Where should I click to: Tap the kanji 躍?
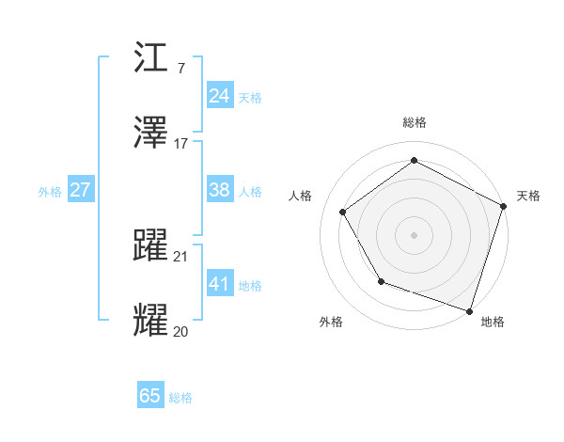(152, 245)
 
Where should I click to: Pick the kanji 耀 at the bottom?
(152, 321)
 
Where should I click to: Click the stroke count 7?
(180, 69)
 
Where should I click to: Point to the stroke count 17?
(181, 144)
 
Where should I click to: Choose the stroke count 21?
(181, 256)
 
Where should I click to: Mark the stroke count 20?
(181, 331)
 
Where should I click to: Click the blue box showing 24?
(220, 96)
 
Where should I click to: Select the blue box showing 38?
(220, 190)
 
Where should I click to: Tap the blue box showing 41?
(220, 284)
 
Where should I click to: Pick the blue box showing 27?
(80, 190)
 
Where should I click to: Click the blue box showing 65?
(150, 396)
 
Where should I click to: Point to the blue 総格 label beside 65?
(180, 398)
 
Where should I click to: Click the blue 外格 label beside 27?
(50, 192)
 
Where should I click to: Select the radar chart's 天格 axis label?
(528, 196)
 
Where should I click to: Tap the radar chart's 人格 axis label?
(300, 196)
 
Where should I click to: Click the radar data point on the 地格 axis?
(469, 310)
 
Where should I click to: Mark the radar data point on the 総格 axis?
(414, 161)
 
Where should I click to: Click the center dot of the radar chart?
(414, 234)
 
